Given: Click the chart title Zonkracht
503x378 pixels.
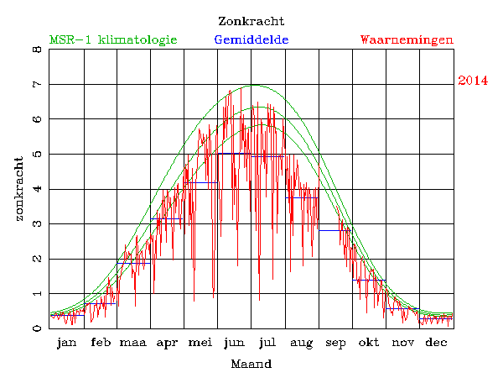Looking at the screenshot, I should coord(251,21).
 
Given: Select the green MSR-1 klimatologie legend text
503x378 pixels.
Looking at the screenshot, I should coord(113,39).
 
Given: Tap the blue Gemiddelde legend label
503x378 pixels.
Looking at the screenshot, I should coord(251,39).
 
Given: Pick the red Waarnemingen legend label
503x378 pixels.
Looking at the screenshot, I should coord(407,39).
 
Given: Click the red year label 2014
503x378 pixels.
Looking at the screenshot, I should coord(473,81).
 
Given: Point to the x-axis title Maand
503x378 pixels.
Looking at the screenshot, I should coord(251,364).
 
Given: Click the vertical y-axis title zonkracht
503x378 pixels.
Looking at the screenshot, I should coord(18,188).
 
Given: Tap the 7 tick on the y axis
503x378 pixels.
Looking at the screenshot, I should coord(36,85).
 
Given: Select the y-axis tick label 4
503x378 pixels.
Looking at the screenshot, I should coord(36,189).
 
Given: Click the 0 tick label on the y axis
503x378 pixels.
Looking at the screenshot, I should coord(36,328).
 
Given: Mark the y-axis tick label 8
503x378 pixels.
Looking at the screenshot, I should coord(36,50).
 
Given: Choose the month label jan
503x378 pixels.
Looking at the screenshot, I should coord(66,343).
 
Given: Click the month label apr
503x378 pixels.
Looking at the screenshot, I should coord(167,343).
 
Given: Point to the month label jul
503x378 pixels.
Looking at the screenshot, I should coord(267,343).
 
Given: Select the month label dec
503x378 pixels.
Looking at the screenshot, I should coord(436,343).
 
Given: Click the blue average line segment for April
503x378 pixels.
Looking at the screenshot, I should coord(167,218).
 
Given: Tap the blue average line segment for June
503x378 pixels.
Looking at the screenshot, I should coord(235,154).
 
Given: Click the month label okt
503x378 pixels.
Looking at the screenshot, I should coord(369,343).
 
